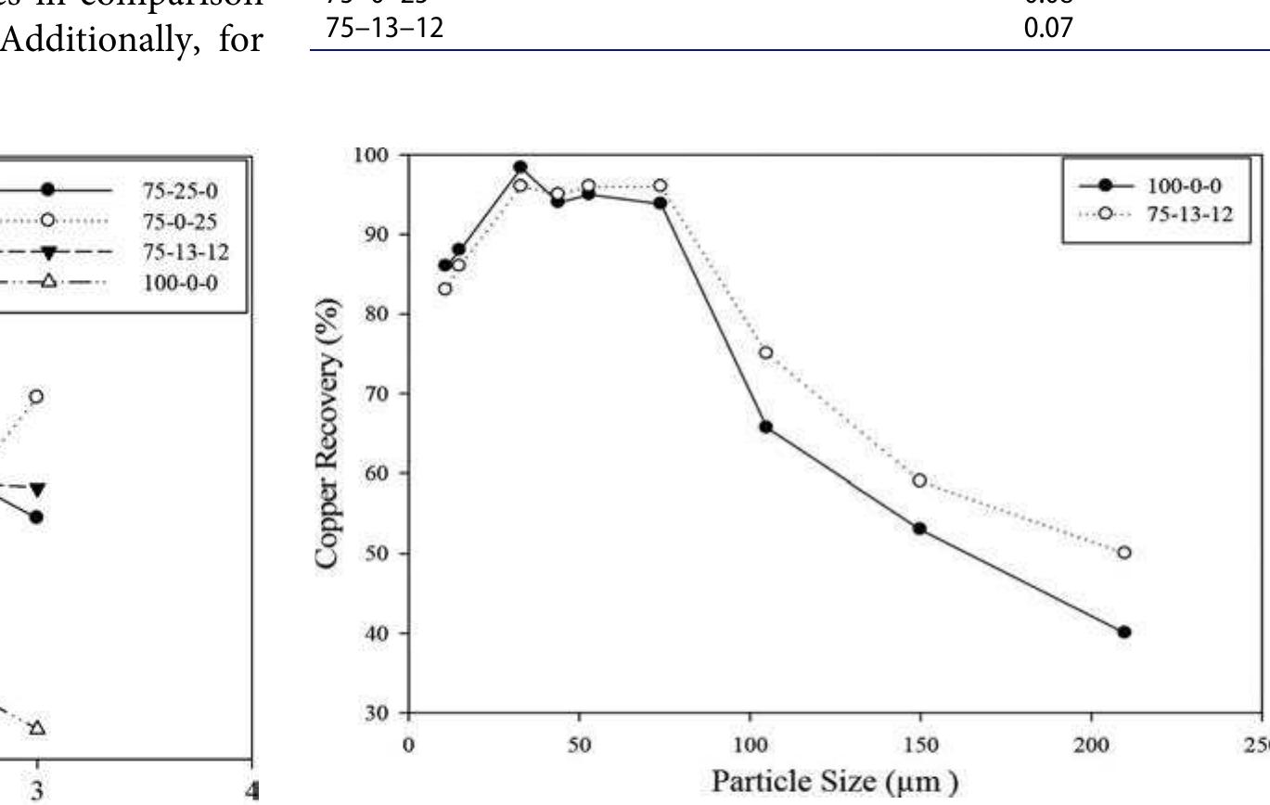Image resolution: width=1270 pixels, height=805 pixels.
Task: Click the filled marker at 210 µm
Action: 1124,632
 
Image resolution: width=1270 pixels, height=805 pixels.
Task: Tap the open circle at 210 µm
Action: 1124,552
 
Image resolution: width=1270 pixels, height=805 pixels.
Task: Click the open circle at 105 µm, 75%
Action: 765,352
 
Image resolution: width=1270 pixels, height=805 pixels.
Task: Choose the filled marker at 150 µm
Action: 919,528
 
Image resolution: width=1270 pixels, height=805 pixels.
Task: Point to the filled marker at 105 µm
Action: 765,427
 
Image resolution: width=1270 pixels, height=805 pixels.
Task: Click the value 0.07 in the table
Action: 1052,29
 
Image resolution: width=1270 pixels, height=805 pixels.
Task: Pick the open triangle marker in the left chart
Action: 36,727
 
